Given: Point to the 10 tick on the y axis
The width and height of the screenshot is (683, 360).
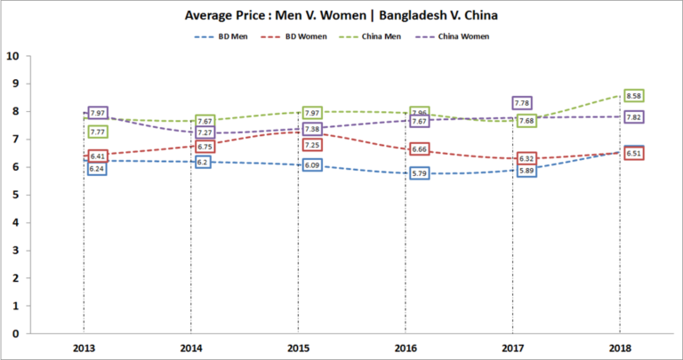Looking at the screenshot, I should (x=12, y=56).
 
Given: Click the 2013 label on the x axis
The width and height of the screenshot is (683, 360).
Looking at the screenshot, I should (x=85, y=346).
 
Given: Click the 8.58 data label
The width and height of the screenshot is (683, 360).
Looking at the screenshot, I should (x=634, y=96).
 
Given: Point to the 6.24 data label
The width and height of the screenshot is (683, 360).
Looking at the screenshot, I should (x=96, y=169).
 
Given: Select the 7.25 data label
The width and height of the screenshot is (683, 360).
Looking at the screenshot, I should (x=312, y=145).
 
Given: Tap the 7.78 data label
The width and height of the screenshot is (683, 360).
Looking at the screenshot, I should (x=522, y=104).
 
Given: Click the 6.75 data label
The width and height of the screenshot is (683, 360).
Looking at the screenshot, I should (x=204, y=148).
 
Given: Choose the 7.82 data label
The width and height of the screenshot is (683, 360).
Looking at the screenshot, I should (x=634, y=117).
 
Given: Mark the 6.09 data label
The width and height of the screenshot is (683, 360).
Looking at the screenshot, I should (x=312, y=165).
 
